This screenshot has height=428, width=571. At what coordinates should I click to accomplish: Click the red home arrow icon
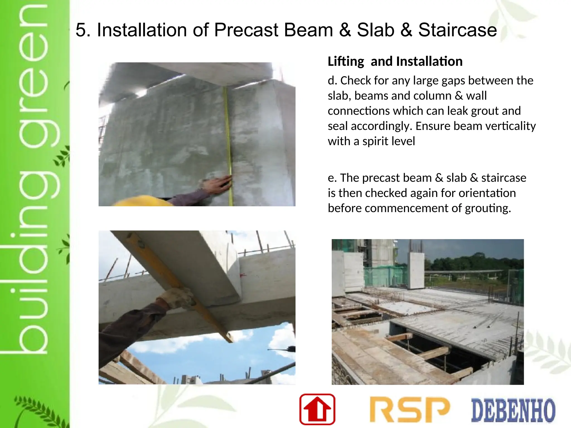(x=317, y=409)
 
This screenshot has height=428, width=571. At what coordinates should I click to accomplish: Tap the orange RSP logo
(x=409, y=410)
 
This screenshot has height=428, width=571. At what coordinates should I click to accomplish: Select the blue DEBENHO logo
(x=513, y=410)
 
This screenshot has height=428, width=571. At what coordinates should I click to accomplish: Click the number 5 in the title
(x=81, y=30)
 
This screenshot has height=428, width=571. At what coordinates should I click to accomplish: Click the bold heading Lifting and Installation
(x=395, y=61)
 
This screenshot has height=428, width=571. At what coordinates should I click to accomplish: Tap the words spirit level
(x=389, y=141)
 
